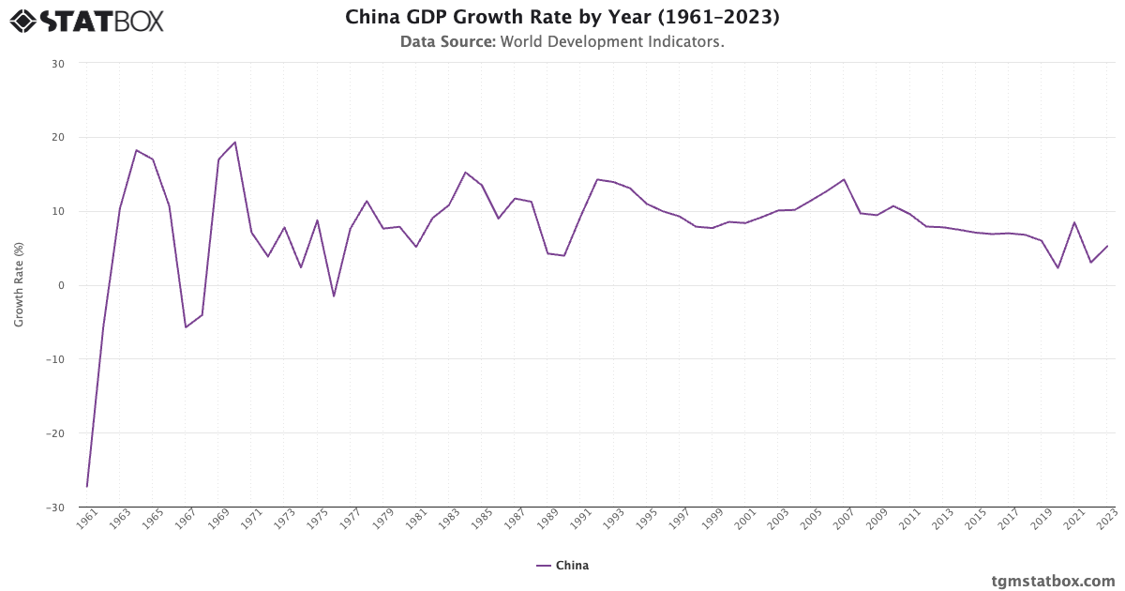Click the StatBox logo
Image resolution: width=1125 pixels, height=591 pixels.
[x=86, y=20]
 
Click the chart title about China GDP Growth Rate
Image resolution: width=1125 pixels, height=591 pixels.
[x=562, y=17]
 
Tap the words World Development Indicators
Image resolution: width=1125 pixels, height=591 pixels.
[x=611, y=41]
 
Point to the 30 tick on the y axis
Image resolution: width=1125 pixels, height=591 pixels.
[x=58, y=64]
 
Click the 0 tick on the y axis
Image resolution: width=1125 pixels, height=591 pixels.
[x=61, y=285]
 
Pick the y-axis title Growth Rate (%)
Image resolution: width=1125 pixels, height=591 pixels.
[x=19, y=285]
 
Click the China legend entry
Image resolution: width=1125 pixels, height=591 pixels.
[x=562, y=566]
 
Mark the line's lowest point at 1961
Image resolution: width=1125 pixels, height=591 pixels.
[x=87, y=486]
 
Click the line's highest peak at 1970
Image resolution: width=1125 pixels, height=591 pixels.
[x=234, y=143]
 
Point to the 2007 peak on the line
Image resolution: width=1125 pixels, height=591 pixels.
[x=844, y=179]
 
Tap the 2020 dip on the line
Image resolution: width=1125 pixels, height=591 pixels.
[x=1057, y=268]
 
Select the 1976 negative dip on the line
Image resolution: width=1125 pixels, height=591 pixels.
[x=334, y=296]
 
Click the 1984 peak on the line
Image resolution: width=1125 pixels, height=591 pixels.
[x=465, y=173]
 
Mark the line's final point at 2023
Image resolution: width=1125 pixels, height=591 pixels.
[x=1107, y=247]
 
